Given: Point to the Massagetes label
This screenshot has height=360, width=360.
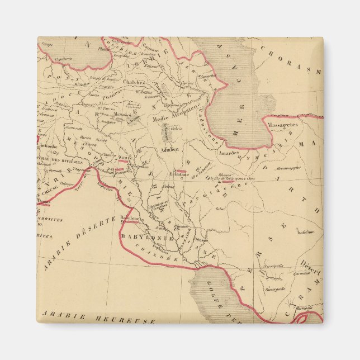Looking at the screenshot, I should (x=282, y=125).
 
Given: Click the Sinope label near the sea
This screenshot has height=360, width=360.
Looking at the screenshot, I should (x=48, y=43).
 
